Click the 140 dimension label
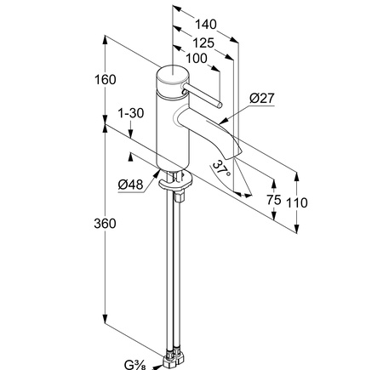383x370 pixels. pos(206,24)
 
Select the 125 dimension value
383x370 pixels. pos(203,43)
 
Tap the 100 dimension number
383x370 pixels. pos(197,59)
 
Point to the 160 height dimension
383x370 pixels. pos(105,79)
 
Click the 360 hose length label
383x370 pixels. pos(105,224)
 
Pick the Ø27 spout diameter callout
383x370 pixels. pos(262,98)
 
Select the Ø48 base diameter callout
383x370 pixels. pos(130,185)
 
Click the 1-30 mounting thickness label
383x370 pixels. pos(131,113)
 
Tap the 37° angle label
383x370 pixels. pos(221,168)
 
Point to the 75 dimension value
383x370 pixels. pos(274,200)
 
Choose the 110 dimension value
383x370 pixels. pos(297,202)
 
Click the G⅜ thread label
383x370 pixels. pos(135,364)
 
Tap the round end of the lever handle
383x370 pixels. pos(220,105)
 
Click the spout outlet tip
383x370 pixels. pos(233,156)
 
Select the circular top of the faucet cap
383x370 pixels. pos(173,75)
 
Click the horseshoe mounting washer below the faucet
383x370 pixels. pos(176,182)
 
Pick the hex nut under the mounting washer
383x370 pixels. pos(180,196)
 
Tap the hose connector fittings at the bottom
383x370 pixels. pos(173,359)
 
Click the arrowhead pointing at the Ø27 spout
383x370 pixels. pos(223,122)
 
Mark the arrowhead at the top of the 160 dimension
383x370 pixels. pos(105,39)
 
